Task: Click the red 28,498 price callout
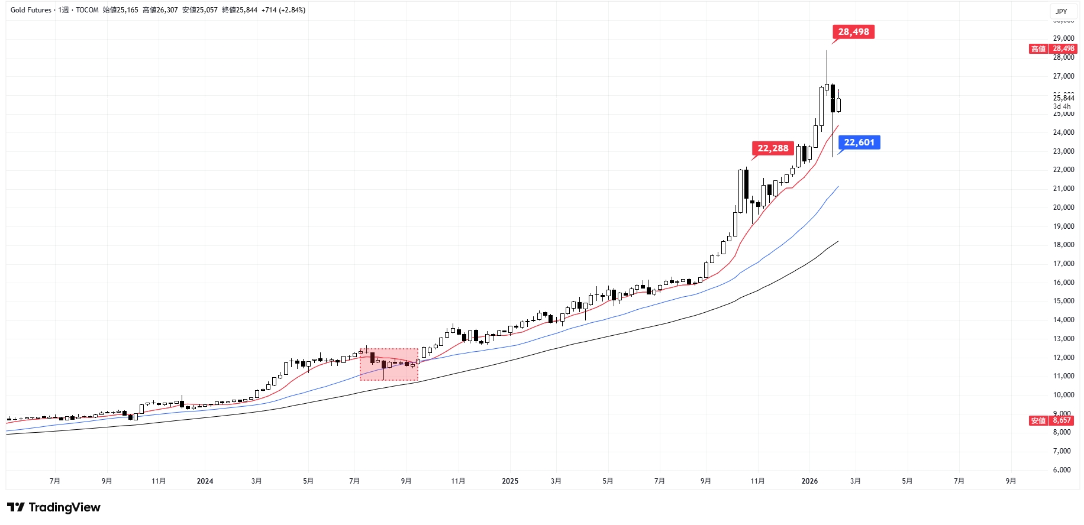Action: pyautogui.click(x=853, y=32)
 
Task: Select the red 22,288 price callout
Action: pyautogui.click(x=773, y=148)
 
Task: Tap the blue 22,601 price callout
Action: pyautogui.click(x=859, y=142)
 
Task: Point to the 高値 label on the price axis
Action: pyautogui.click(x=1038, y=49)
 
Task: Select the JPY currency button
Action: pyautogui.click(x=1062, y=11)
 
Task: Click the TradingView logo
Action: pyautogui.click(x=54, y=507)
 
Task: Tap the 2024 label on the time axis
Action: pyautogui.click(x=205, y=481)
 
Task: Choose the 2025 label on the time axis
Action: pyautogui.click(x=510, y=481)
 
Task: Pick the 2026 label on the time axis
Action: pyautogui.click(x=809, y=481)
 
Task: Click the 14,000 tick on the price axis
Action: pyautogui.click(x=1063, y=320)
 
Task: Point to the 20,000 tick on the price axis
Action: pyautogui.click(x=1063, y=208)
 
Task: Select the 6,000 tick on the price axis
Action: pyautogui.click(x=1063, y=470)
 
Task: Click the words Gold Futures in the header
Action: pyautogui.click(x=31, y=10)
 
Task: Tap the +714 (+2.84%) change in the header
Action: pyautogui.click(x=283, y=10)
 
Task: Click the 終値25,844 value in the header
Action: pyautogui.click(x=239, y=10)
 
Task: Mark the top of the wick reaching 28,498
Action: pyautogui.click(x=827, y=51)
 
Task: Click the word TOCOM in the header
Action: pyautogui.click(x=87, y=10)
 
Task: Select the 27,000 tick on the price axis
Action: pyautogui.click(x=1063, y=76)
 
